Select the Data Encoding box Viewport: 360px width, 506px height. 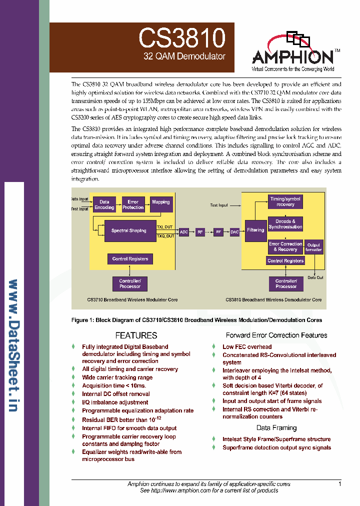pyautogui.click(x=104, y=204)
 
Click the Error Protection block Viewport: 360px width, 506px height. pyautogui.click(x=133, y=204)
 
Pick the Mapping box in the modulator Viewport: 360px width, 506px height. pyautogui.click(x=161, y=202)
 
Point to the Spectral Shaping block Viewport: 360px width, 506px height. pyautogui.click(x=129, y=231)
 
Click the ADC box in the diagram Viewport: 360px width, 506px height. pyautogui.click(x=183, y=232)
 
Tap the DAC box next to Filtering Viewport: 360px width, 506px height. pyautogui.click(x=234, y=232)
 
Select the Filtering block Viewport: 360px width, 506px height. pyautogui.click(x=255, y=230)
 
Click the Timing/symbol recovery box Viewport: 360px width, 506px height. pyautogui.click(x=285, y=201)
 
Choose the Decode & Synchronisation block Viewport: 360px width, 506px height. pyautogui.click(x=285, y=224)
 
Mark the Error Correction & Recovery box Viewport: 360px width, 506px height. pyautogui.click(x=285, y=246)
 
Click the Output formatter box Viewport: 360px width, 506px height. pyautogui.click(x=314, y=247)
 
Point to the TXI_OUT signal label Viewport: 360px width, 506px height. pyautogui.click(x=165, y=227)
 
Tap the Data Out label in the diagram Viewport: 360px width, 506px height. pyautogui.click(x=315, y=278)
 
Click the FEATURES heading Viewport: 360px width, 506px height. pyautogui.click(x=136, y=335)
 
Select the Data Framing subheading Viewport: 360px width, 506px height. pyautogui.click(x=276, y=428)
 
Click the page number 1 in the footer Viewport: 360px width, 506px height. pyautogui.click(x=339, y=484)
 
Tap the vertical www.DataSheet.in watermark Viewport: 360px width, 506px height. pyautogui.click(x=14, y=345)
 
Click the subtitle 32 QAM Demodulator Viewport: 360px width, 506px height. pyautogui.click(x=184, y=57)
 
